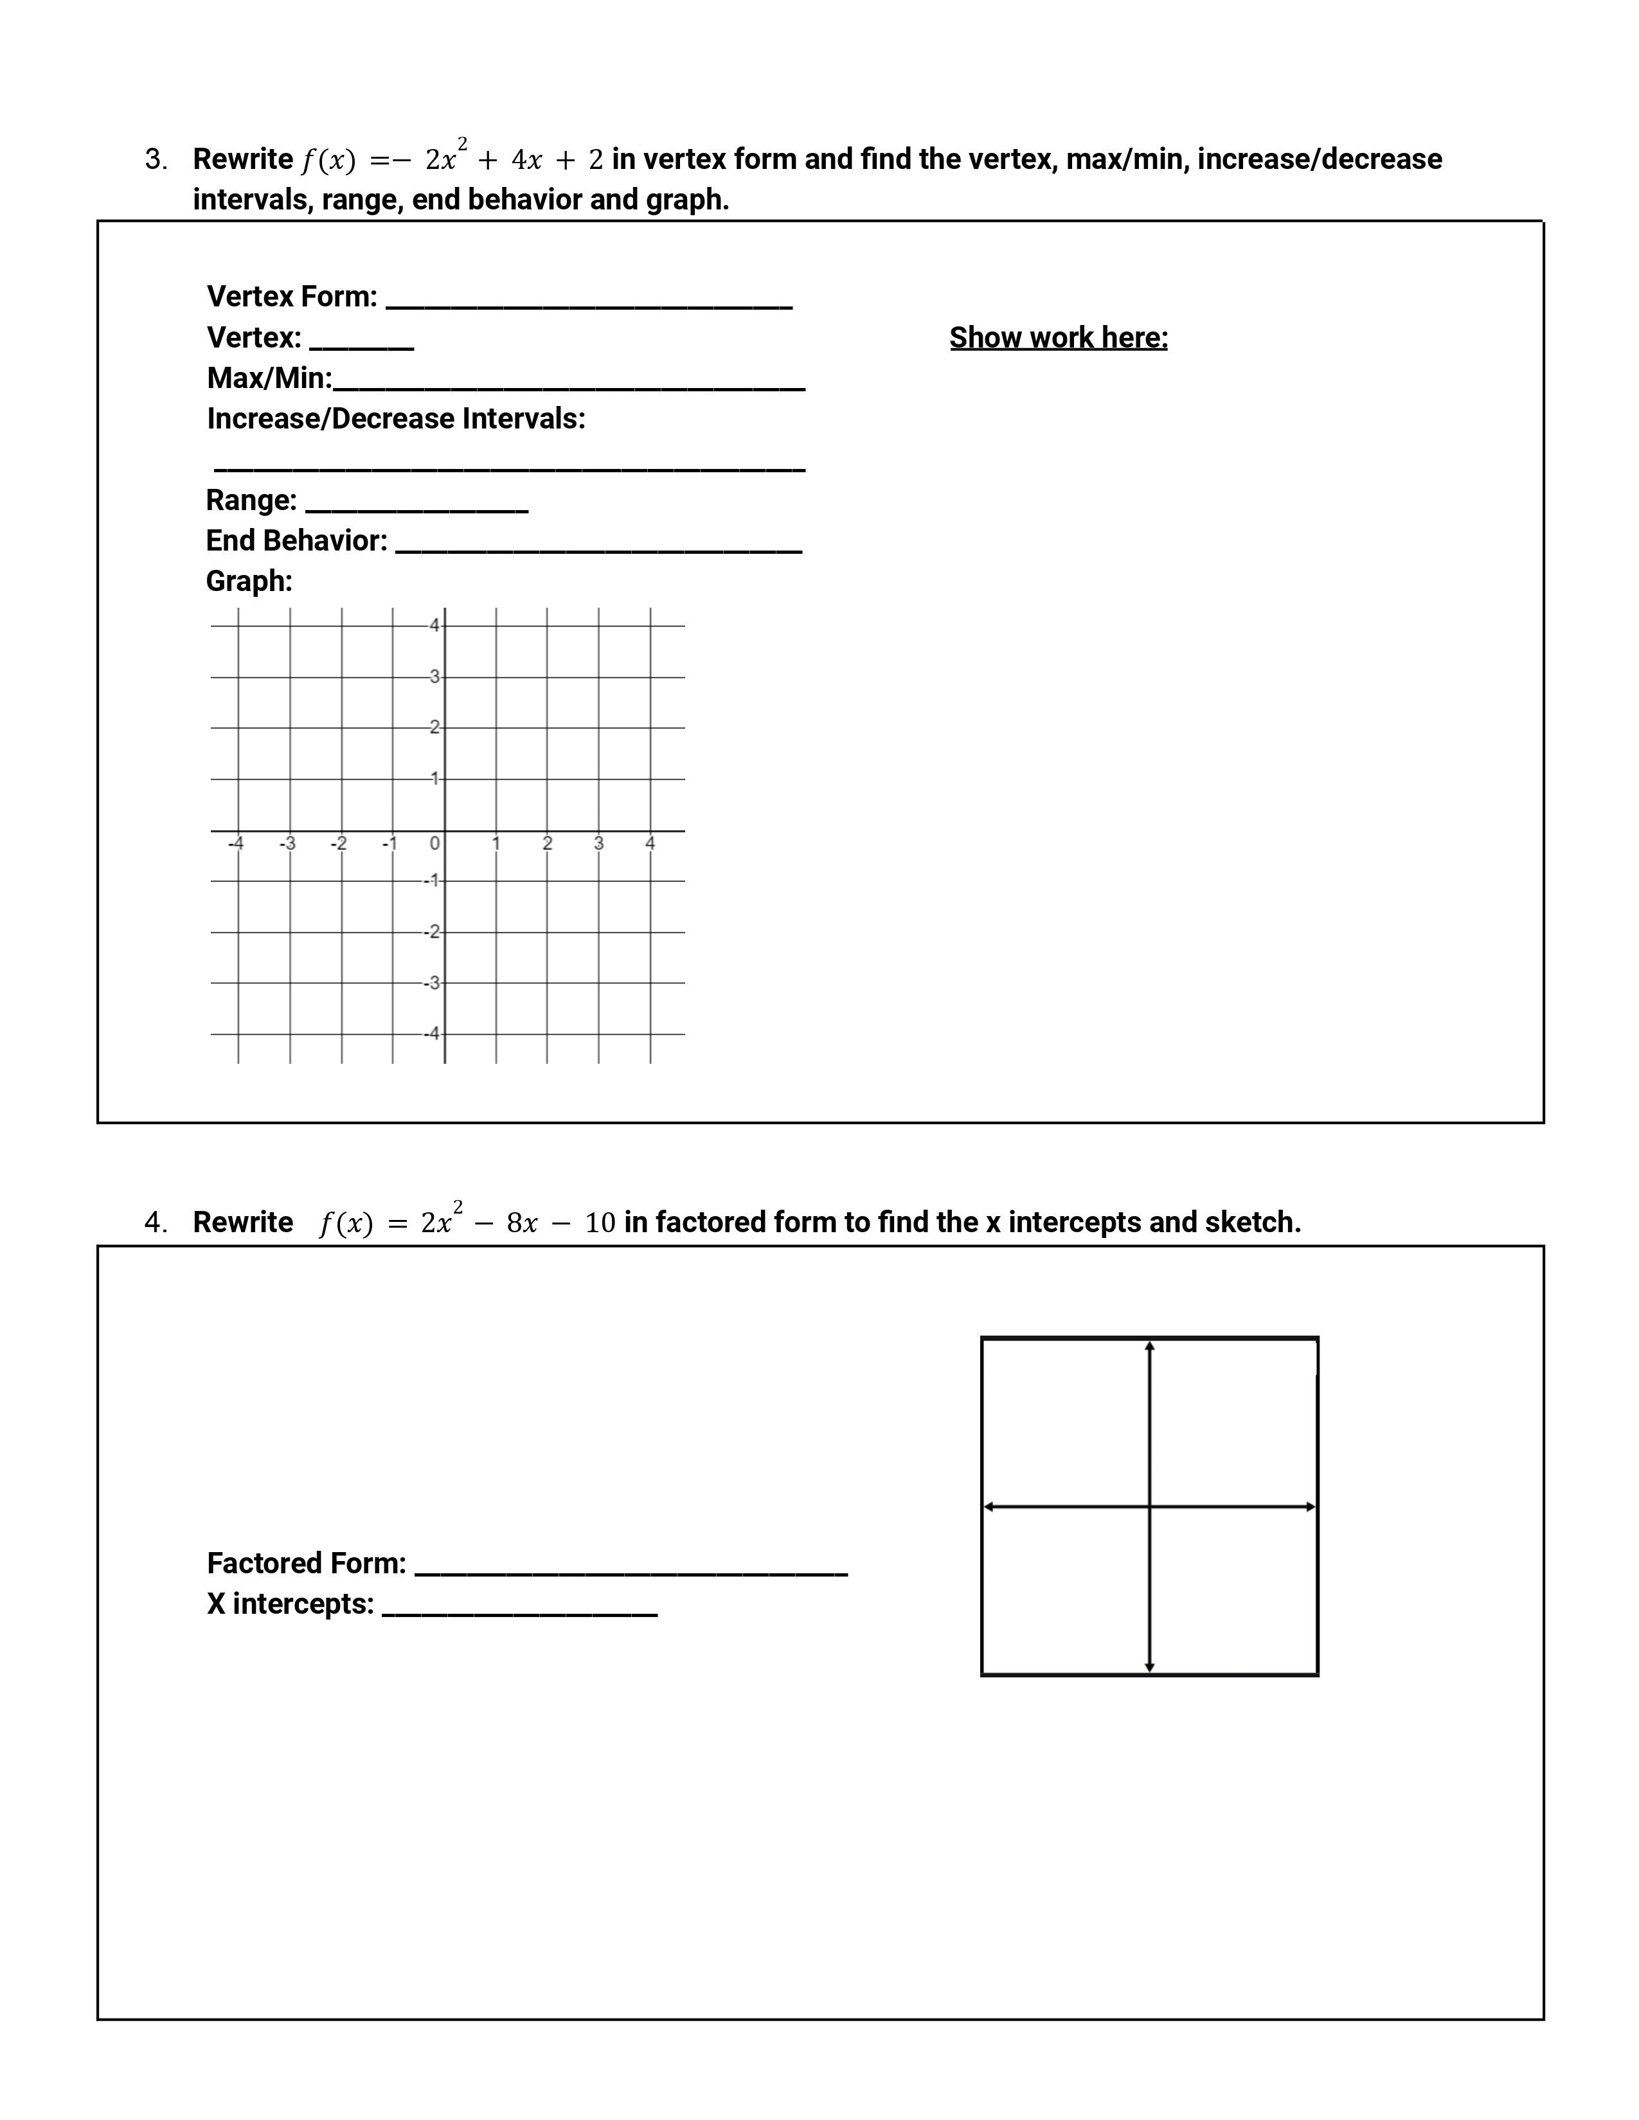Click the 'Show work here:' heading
pos(1059,338)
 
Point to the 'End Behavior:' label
pos(296,541)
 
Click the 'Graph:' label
pos(249,581)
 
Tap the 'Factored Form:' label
pos(307,1564)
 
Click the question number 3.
pos(156,160)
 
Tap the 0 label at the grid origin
pos(435,844)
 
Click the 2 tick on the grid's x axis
pos(548,844)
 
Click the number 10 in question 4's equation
pos(600,1223)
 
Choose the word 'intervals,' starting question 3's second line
pos(253,200)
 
